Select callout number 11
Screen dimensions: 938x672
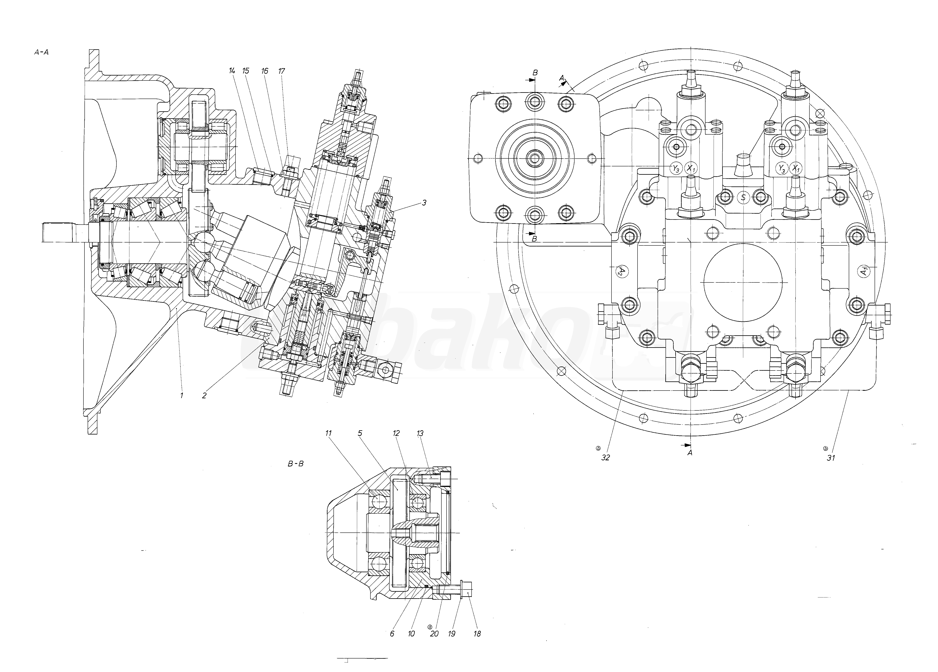(328, 433)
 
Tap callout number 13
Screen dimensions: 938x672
(420, 433)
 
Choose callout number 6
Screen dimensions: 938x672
(392, 634)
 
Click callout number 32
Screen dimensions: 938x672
(606, 458)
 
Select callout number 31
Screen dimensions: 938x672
(830, 458)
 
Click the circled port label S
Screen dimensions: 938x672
(743, 197)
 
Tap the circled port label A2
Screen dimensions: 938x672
(620, 271)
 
